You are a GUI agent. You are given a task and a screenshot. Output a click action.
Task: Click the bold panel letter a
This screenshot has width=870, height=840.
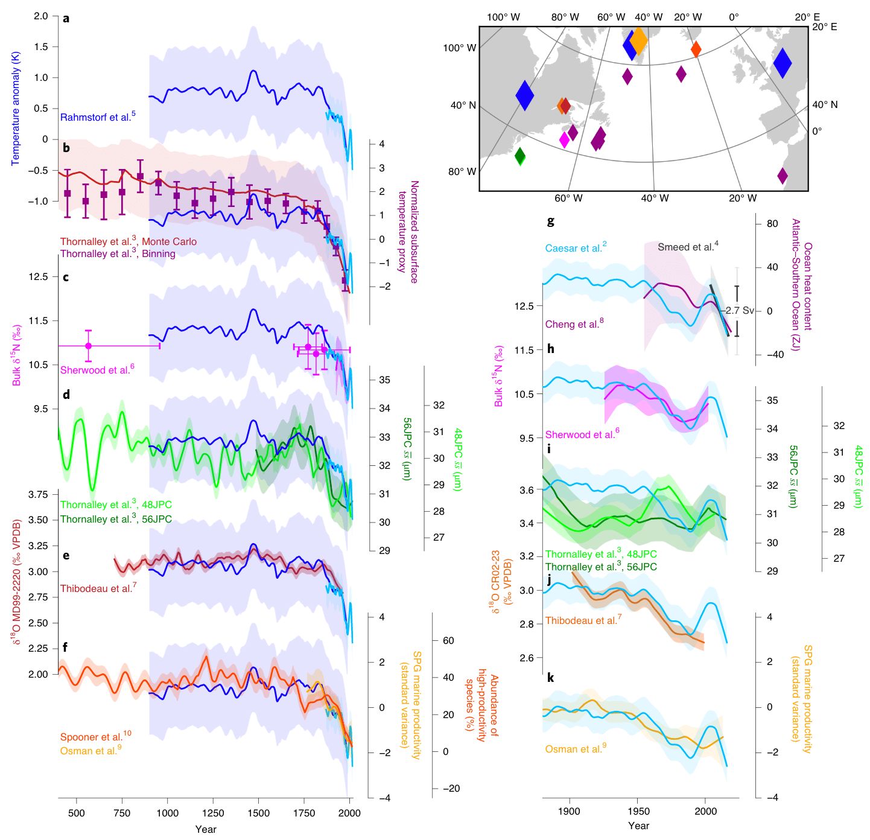(66, 19)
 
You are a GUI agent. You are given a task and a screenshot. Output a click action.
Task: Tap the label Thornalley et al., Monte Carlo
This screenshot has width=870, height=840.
(128, 241)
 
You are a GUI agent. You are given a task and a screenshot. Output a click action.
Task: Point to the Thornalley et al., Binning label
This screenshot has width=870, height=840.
(118, 254)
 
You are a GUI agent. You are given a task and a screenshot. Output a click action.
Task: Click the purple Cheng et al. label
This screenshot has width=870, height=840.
(574, 324)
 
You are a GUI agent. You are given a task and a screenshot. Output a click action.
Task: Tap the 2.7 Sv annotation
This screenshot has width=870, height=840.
(740, 310)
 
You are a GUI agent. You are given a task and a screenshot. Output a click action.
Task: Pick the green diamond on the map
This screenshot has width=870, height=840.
(520, 156)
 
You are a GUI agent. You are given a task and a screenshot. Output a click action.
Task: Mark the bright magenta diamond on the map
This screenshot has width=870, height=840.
(564, 140)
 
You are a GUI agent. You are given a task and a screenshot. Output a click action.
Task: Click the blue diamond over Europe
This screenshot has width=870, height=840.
(783, 62)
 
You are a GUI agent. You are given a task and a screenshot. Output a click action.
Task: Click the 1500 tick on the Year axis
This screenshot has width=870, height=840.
(258, 813)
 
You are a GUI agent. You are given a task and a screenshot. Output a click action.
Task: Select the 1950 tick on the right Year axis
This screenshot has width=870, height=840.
(638, 811)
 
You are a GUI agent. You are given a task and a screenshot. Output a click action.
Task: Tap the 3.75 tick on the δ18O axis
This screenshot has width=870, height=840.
(39, 494)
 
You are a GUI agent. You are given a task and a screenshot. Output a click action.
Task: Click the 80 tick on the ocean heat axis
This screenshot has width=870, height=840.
(772, 223)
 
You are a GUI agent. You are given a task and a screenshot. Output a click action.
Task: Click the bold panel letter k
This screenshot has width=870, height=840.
(550, 678)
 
